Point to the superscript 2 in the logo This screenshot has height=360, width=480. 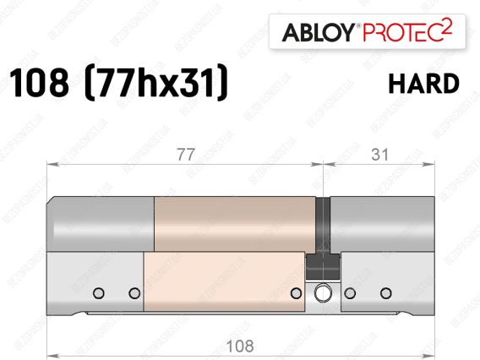pyautogui.click(x=448, y=26)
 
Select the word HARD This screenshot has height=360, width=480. pyautogui.click(x=424, y=84)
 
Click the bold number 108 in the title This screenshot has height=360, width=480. pyautogui.click(x=39, y=82)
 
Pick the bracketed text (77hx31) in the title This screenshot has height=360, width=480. pyautogui.click(x=156, y=82)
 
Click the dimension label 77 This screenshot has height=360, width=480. pyautogui.click(x=186, y=155)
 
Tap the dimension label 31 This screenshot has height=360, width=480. pyautogui.click(x=380, y=155)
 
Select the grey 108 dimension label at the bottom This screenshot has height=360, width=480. pyautogui.click(x=240, y=346)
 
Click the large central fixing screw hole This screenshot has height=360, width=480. pyautogui.click(x=323, y=292)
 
